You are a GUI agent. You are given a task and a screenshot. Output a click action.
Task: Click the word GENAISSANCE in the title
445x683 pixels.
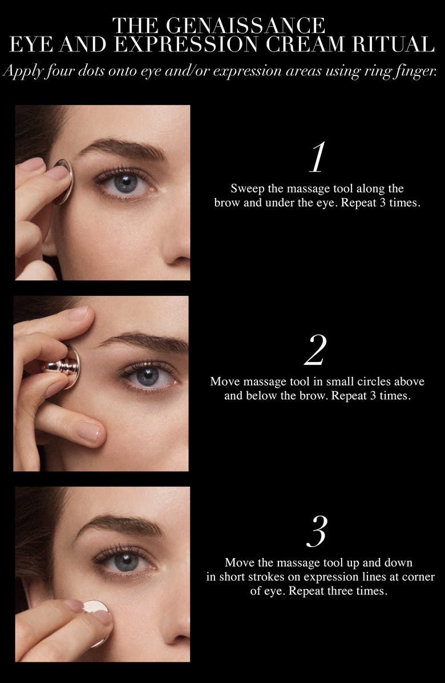(x=245, y=26)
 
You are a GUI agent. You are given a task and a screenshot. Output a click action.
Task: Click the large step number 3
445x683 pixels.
(x=317, y=532)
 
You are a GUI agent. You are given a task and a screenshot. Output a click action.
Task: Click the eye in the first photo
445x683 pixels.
(x=126, y=183)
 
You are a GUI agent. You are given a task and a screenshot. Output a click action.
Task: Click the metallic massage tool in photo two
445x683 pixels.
(x=65, y=367)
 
